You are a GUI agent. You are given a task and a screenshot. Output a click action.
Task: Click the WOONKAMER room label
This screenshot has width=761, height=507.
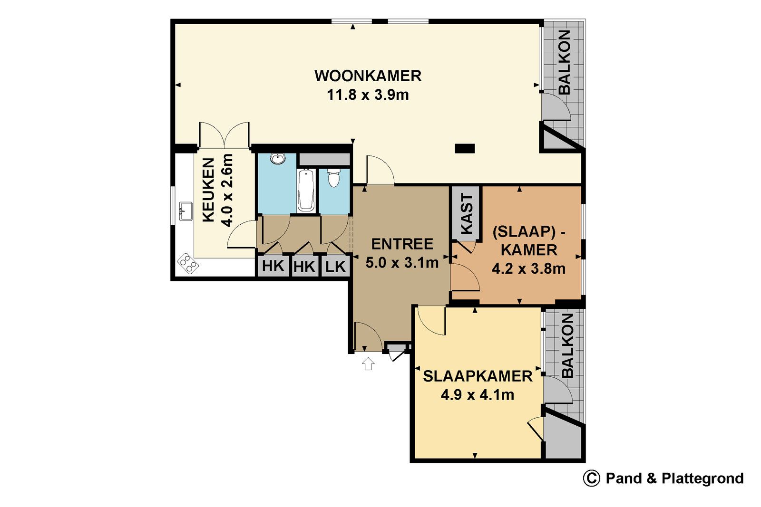[x=368, y=76]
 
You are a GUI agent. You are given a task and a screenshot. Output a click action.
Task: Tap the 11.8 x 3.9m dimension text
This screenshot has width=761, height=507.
[x=368, y=95]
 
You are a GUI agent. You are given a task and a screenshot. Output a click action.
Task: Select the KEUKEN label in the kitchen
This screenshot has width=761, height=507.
[x=209, y=190]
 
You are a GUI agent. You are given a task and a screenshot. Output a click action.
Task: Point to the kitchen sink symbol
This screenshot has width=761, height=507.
[x=186, y=211]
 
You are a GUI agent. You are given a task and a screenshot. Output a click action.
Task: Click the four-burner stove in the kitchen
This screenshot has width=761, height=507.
[x=188, y=263]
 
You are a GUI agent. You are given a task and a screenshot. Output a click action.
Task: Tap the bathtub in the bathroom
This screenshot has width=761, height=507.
[x=306, y=190]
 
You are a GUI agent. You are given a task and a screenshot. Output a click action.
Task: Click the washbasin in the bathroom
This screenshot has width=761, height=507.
[x=278, y=159]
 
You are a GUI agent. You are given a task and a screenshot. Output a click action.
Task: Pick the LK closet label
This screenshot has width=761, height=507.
[x=335, y=267]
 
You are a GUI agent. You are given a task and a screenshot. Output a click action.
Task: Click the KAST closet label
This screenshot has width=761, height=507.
[x=467, y=213]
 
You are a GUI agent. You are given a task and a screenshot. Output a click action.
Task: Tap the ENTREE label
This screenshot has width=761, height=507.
[x=402, y=244]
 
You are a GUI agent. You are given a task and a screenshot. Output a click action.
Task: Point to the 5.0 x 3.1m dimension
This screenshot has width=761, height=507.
[x=402, y=263]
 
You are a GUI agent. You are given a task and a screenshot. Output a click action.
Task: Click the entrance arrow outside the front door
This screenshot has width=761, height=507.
[x=368, y=364]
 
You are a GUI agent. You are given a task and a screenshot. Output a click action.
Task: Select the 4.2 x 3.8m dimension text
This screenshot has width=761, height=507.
[x=528, y=269]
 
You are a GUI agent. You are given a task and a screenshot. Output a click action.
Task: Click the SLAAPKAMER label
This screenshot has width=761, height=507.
[x=478, y=376]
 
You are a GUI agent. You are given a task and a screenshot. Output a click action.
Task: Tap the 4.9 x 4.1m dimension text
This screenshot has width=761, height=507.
[x=478, y=395]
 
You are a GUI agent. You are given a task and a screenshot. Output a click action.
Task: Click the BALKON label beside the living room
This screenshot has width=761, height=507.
[x=564, y=62]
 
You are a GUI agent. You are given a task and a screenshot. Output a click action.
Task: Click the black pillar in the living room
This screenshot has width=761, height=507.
[x=465, y=148]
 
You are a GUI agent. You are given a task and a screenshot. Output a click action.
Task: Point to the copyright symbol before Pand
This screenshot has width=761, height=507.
[x=592, y=478]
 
